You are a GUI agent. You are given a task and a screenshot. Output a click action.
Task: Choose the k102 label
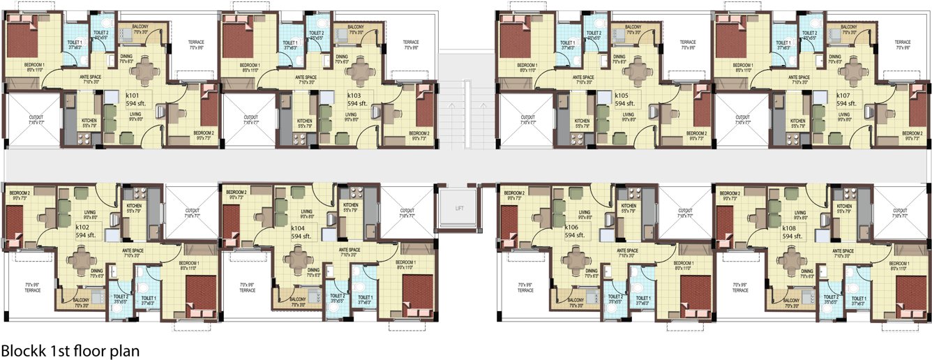84,227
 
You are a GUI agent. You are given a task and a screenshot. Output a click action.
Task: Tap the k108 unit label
790,227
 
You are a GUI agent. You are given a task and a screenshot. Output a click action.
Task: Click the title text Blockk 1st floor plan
70,350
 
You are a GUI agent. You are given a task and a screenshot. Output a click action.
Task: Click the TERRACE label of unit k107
903,43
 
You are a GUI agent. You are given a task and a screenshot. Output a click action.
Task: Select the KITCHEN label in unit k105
582,123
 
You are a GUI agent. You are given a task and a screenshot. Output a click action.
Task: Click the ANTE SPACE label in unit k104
349,250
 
